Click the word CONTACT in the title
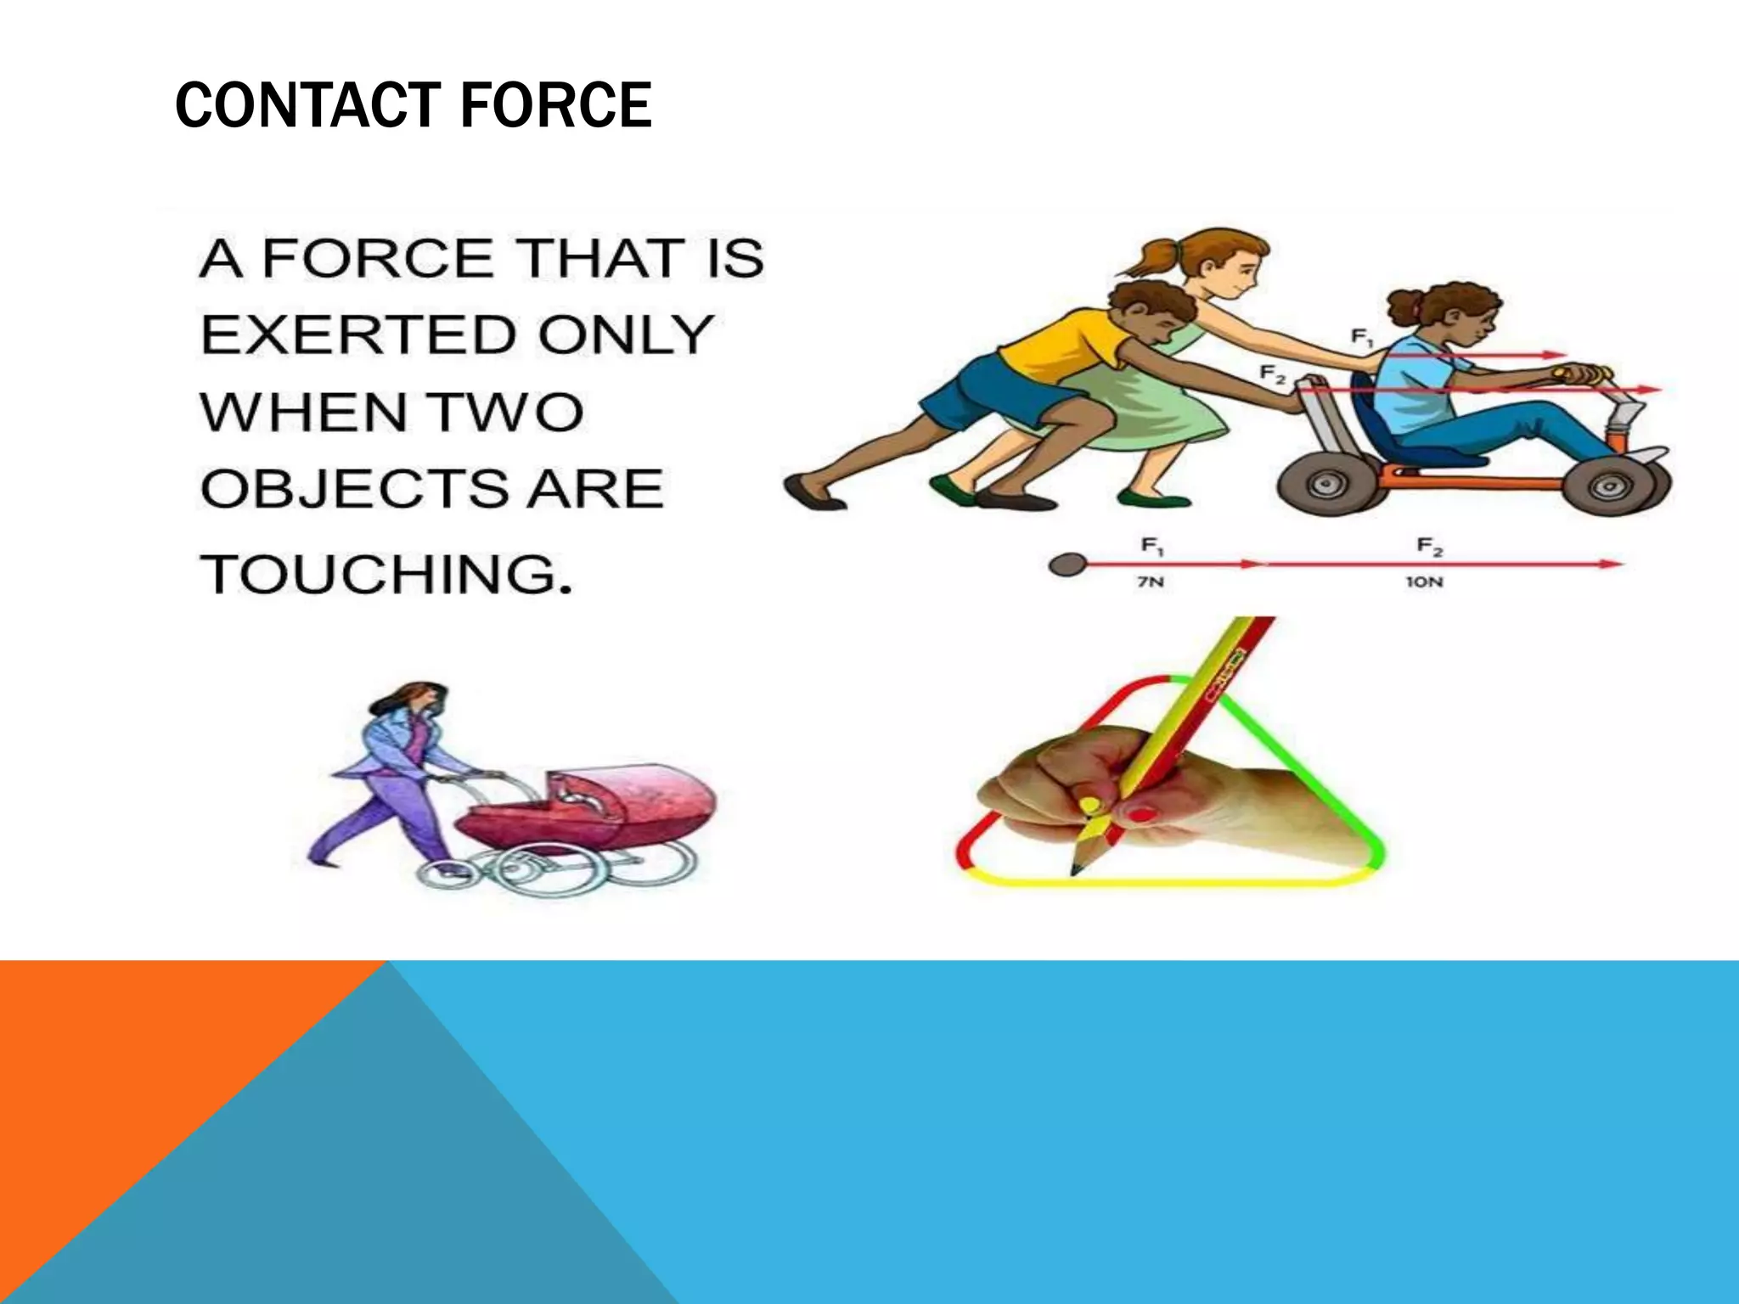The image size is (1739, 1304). pyautogui.click(x=302, y=106)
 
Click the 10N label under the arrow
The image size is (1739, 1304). pyautogui.click(x=1423, y=582)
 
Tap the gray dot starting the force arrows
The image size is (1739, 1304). pyautogui.click(x=1067, y=565)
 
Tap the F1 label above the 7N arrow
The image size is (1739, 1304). pyautogui.click(x=1151, y=545)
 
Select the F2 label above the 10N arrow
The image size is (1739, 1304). pyautogui.click(x=1429, y=545)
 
